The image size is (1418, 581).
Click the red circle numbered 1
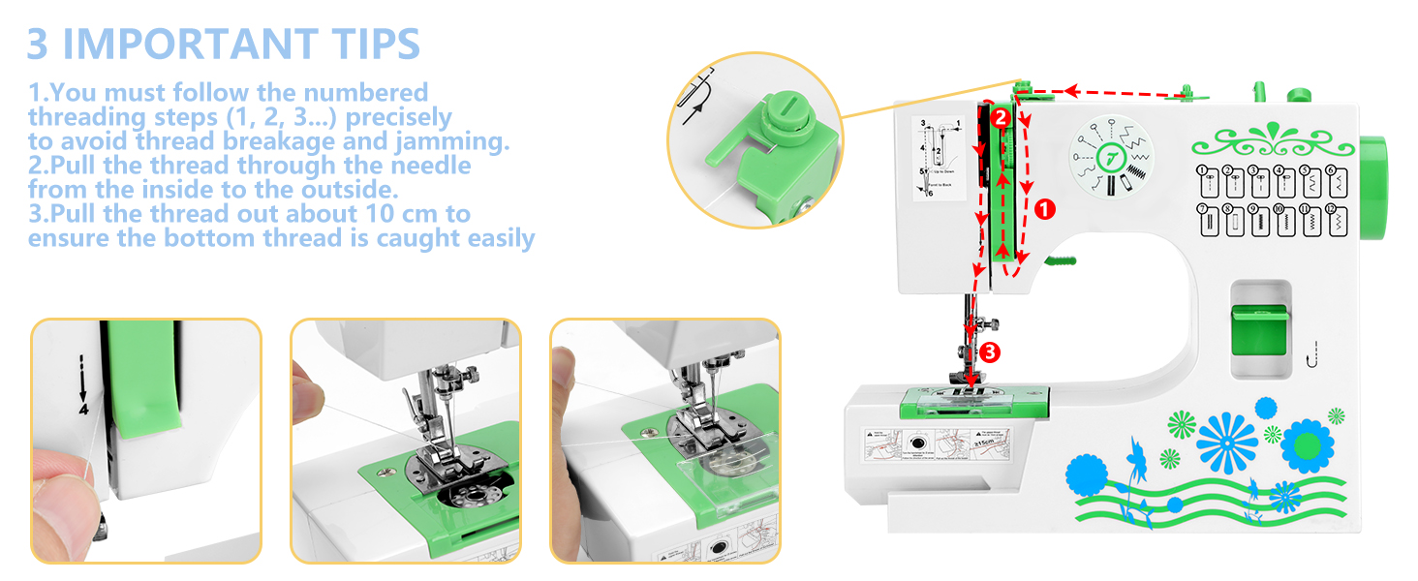pyautogui.click(x=1044, y=207)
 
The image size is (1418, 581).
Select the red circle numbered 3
pyautogui.click(x=988, y=352)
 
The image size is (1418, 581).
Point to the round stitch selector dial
pyautogui.click(x=1109, y=161)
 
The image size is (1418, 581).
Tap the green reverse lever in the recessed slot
pyautogui.click(x=1258, y=329)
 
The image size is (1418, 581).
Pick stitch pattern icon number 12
pyautogui.click(x=1335, y=221)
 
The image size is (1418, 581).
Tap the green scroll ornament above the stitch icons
pyautogui.click(x=1272, y=141)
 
